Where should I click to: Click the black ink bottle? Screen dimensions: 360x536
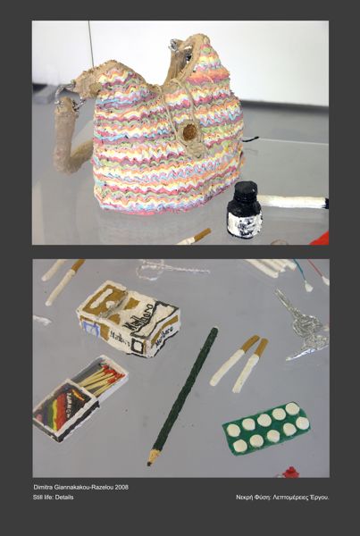[245, 210]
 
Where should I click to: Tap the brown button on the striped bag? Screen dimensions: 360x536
[189, 132]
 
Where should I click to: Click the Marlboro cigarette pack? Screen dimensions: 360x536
[128, 318]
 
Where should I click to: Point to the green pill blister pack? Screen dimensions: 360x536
[266, 428]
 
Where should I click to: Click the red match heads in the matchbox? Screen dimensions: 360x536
[114, 375]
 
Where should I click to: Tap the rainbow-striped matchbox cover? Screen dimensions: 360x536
[65, 410]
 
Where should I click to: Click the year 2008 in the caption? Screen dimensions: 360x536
[121, 487]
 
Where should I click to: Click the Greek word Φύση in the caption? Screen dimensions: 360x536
[259, 498]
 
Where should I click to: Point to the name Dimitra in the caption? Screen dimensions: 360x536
[42, 487]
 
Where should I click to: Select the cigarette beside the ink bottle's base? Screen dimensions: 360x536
[195, 236]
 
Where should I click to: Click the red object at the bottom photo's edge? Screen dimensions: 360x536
[291, 473]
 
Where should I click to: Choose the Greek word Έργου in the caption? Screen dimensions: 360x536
[321, 498]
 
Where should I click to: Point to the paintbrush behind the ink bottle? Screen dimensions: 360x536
[293, 201]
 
